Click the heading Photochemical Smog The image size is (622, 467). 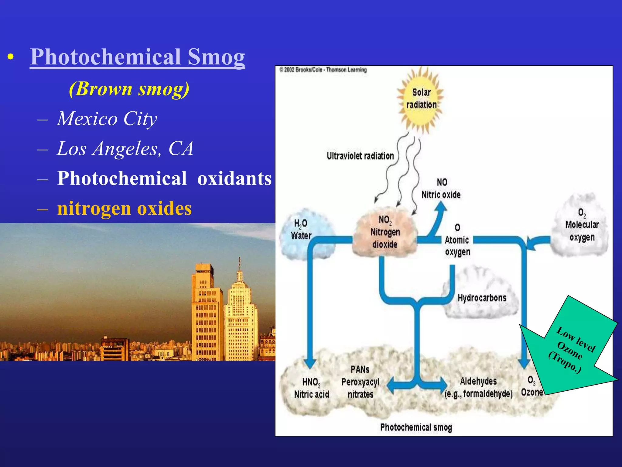137,57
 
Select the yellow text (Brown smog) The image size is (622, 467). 129,89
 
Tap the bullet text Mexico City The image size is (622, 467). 107,118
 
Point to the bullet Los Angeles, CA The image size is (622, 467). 125,148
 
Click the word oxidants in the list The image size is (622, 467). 234,178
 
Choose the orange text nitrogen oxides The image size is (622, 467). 125,208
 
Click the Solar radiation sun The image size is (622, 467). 421,99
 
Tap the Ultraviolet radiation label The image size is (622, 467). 360,156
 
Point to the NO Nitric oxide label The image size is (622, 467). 441,189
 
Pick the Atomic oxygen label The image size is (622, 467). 457,240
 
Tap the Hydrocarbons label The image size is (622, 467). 482,298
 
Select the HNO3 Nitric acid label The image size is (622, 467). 311,388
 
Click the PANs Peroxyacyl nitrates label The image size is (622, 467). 360,382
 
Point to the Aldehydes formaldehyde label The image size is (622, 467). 478,387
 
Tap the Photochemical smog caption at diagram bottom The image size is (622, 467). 416,427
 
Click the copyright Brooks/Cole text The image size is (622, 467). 323,70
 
